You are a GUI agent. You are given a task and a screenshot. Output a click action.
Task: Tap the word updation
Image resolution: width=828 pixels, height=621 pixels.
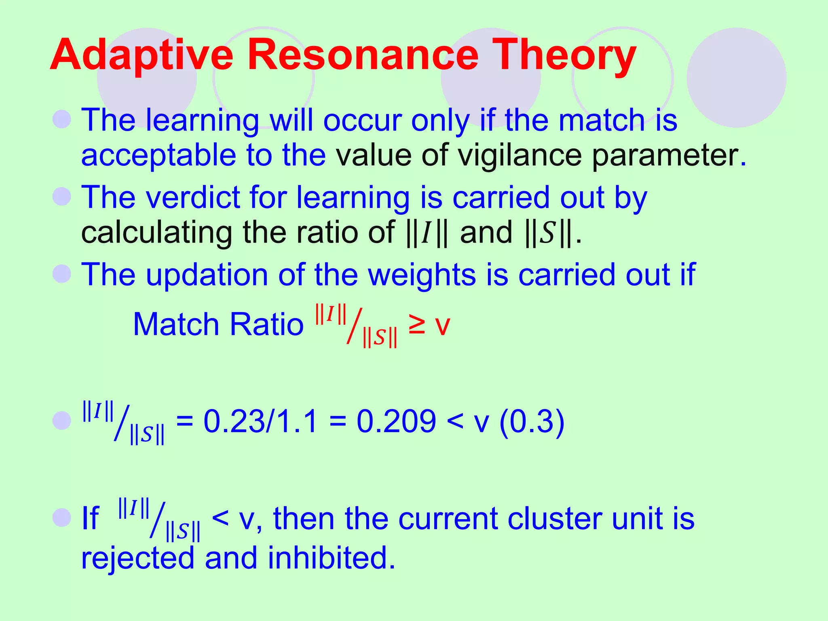pyautogui.click(x=207, y=275)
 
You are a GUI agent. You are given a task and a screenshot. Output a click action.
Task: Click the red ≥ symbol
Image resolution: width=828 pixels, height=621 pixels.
pyautogui.click(x=416, y=325)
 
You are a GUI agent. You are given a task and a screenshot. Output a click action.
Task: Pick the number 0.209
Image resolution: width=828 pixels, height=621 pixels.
pyautogui.click(x=396, y=421)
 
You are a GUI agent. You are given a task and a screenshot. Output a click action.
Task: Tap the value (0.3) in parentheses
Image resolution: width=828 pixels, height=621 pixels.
pyautogui.click(x=532, y=421)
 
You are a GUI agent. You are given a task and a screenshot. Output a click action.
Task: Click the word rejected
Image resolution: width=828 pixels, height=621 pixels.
pyautogui.click(x=137, y=558)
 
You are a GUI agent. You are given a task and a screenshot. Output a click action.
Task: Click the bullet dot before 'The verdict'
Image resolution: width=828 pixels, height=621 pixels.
pyautogui.click(x=62, y=197)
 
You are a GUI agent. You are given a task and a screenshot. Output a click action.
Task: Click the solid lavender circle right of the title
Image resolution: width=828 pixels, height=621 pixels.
pyautogui.click(x=736, y=78)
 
